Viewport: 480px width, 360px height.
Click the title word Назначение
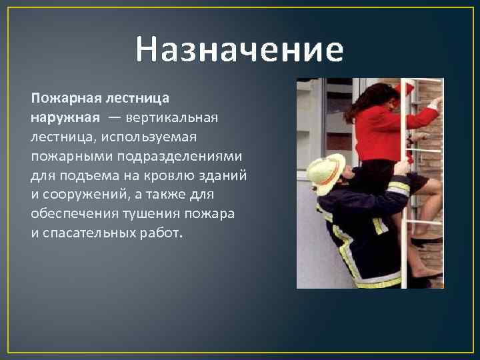(239, 50)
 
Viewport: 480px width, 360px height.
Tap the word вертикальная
(178, 117)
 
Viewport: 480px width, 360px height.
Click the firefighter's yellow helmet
(327, 171)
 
